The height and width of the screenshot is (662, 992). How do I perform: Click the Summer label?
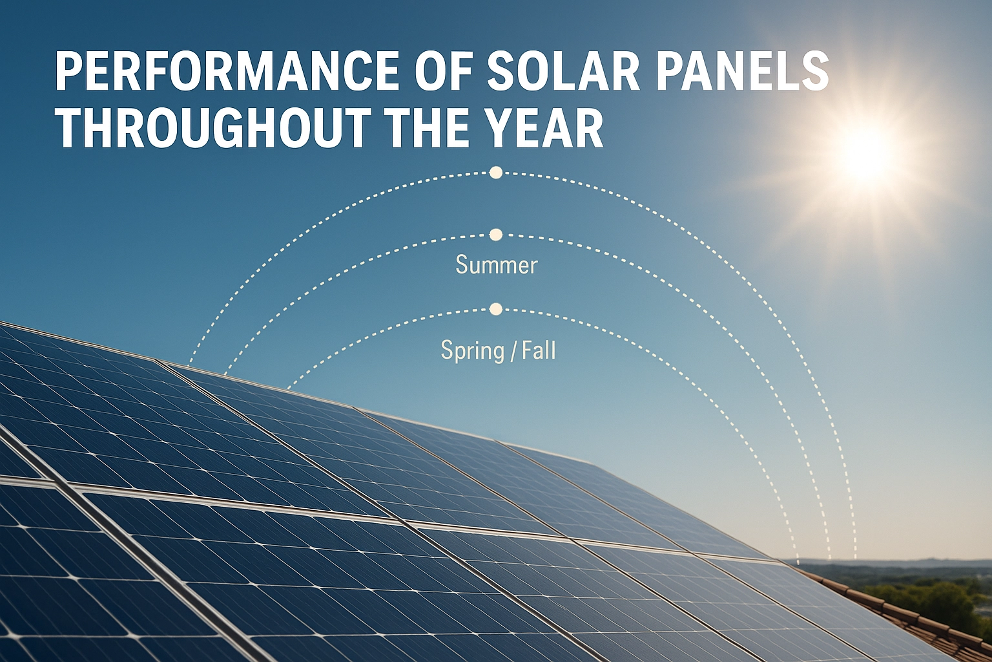click(x=496, y=265)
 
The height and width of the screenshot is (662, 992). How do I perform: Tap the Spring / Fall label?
click(x=497, y=350)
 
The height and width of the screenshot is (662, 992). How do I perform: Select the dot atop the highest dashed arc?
click(x=496, y=173)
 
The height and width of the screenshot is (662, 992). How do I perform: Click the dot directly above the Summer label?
click(x=496, y=235)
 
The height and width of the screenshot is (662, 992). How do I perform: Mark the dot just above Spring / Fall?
click(x=496, y=309)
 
